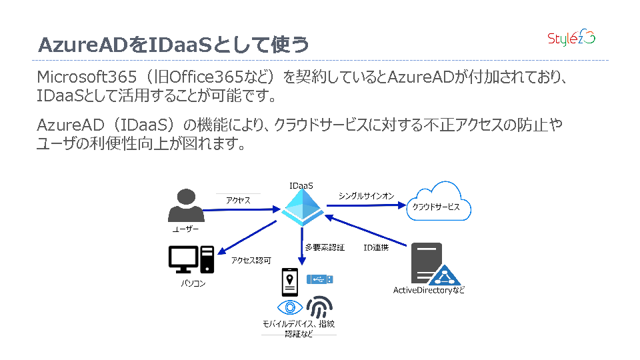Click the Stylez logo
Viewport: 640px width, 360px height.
point(571,39)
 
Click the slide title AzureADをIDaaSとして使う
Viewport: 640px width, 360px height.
point(174,45)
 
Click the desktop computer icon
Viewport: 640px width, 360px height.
point(192,259)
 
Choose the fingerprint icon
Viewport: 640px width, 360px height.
point(319,307)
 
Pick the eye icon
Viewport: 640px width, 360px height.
point(290,307)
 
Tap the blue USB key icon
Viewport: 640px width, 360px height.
point(320,279)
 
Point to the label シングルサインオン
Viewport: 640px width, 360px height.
point(366,196)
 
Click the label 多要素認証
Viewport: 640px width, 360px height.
point(325,247)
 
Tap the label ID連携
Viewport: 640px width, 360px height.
point(376,247)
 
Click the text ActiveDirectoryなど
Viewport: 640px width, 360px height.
point(429,291)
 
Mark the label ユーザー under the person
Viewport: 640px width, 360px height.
point(186,229)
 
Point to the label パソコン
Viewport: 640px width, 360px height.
point(193,284)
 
